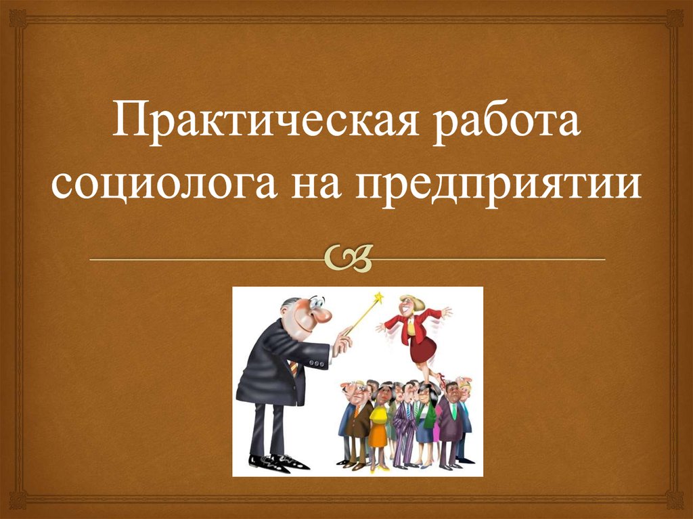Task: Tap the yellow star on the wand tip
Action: (379, 298)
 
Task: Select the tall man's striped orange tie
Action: (294, 369)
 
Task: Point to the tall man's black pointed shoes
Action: (277, 462)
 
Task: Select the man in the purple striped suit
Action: (405, 426)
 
